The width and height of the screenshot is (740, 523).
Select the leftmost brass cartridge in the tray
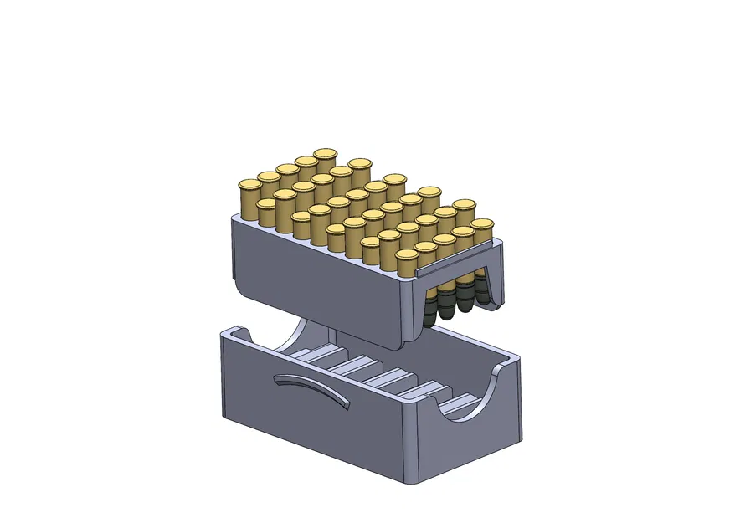[x=248, y=196]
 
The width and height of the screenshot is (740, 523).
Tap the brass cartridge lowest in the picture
[x=406, y=264]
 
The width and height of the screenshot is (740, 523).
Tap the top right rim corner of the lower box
[x=516, y=361]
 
